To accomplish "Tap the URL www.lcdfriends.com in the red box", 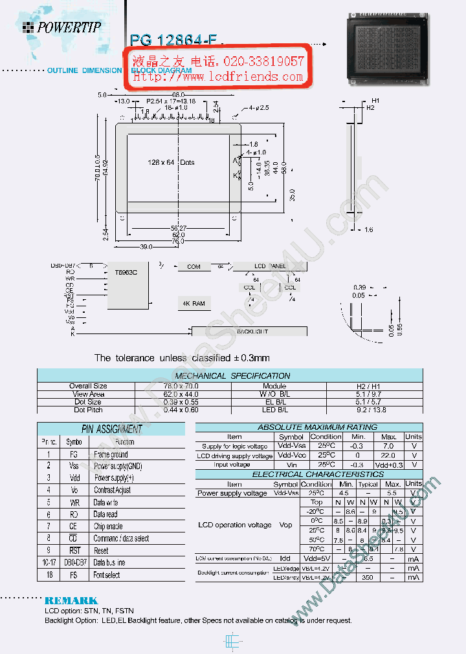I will (x=218, y=76).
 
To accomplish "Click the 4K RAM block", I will (x=194, y=303).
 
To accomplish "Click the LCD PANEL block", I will (x=268, y=266).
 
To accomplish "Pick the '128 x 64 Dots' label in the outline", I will (x=170, y=162).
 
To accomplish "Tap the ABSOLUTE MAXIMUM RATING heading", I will (x=308, y=427).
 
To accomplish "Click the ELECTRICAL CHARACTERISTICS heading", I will (x=308, y=474).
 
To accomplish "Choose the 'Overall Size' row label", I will (x=88, y=386).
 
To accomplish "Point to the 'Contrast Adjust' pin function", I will (x=112, y=490).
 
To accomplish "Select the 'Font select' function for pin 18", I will (x=107, y=575).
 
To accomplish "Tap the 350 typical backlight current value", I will (x=368, y=577).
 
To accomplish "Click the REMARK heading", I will (x=71, y=600).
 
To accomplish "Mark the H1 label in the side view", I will (x=375, y=101).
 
